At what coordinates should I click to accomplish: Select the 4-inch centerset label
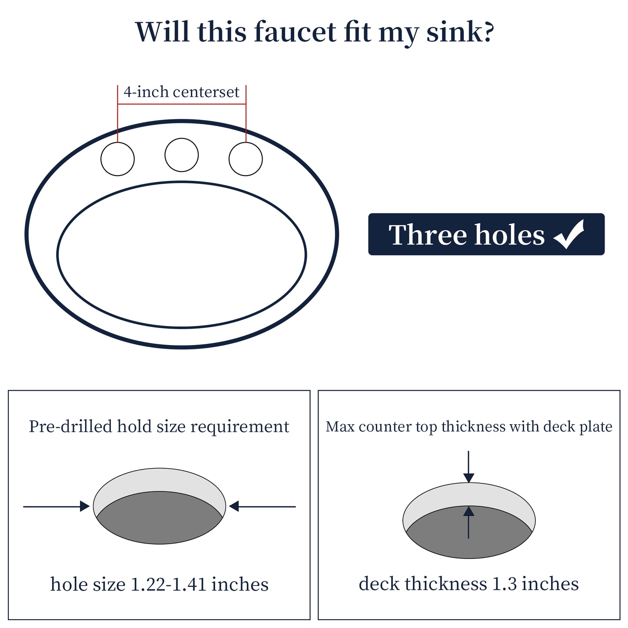click(182, 92)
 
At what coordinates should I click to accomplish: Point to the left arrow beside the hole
click(56, 506)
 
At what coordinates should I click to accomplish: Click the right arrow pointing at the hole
click(262, 506)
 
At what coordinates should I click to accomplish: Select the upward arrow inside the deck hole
click(469, 522)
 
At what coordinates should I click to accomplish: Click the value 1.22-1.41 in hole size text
click(168, 585)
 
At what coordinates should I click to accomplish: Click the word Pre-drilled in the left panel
click(70, 427)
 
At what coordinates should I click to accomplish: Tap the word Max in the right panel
click(340, 427)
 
